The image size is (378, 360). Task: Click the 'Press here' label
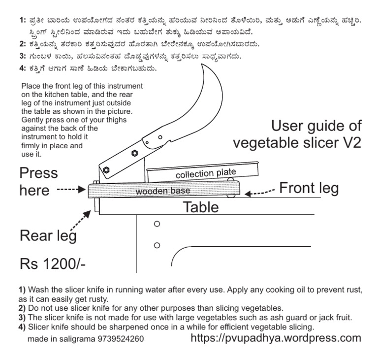[38, 181]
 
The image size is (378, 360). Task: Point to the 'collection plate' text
[206, 173]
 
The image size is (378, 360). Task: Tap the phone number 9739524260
[121, 339]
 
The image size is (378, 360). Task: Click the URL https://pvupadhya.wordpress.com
[275, 338]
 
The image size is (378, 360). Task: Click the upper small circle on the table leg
[157, 224]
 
